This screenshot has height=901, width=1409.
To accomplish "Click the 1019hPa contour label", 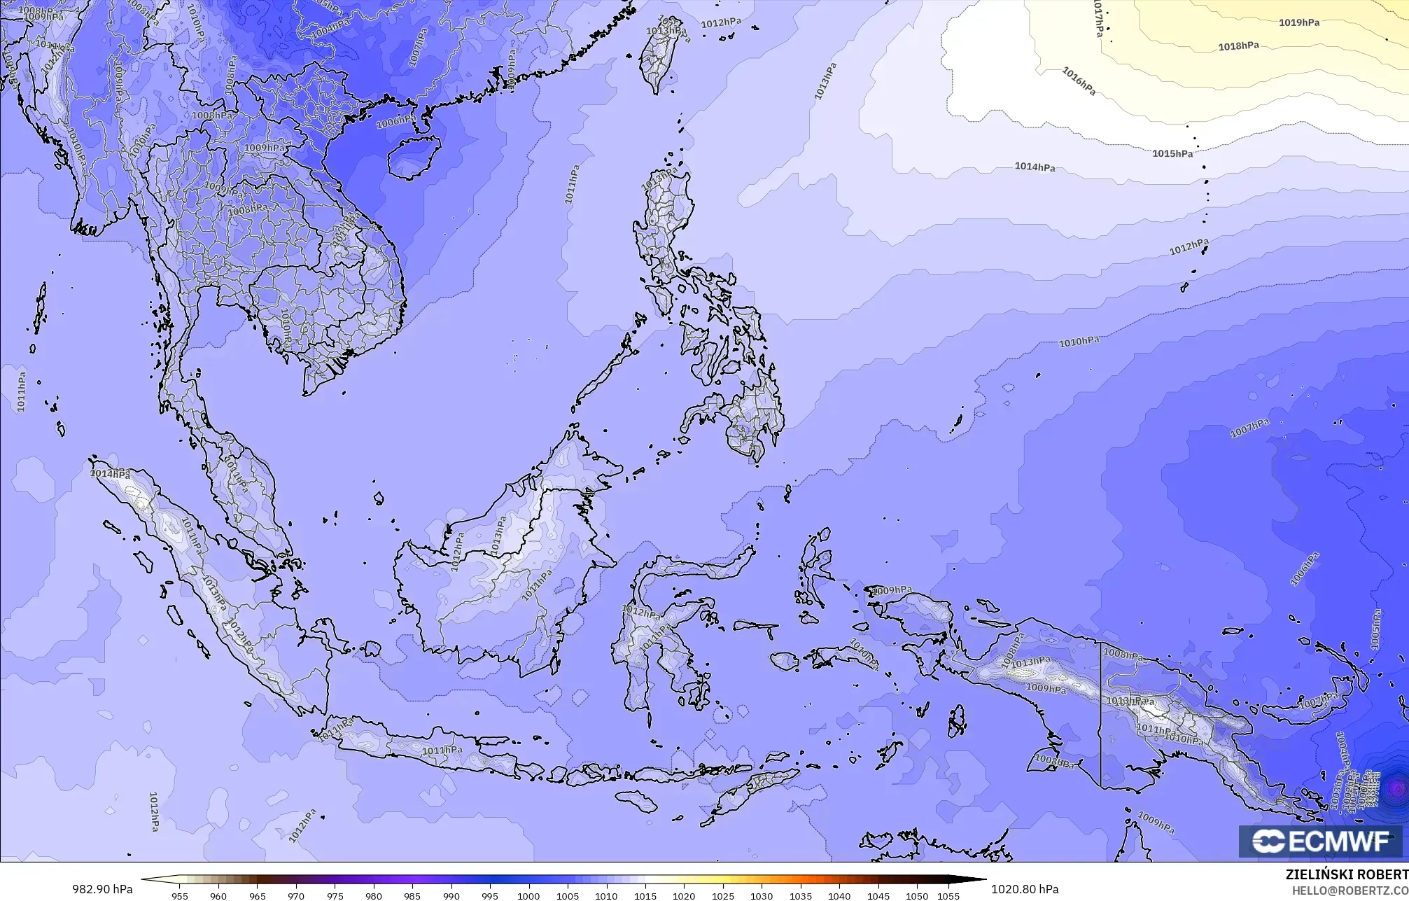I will [1299, 22].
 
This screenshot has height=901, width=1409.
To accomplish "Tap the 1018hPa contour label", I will [1238, 46].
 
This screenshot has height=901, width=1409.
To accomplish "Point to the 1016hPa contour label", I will [1079, 81].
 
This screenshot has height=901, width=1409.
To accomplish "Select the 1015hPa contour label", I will [1172, 153].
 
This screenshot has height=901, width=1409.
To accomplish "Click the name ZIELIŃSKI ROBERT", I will [1346, 875].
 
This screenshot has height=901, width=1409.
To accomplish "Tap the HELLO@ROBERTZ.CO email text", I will [1350, 891].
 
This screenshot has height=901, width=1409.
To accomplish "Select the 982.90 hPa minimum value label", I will [102, 889].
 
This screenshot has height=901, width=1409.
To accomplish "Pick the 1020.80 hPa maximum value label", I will [1025, 889].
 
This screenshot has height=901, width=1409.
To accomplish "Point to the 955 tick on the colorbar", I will [180, 896].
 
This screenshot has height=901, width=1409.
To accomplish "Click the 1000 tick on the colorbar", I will [528, 896].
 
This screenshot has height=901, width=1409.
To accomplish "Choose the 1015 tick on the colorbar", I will [645, 896].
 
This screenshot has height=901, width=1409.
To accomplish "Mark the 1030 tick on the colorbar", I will [762, 896].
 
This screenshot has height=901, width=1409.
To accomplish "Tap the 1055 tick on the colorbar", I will [948, 896].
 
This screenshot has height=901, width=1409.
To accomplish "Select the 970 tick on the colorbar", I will [296, 896].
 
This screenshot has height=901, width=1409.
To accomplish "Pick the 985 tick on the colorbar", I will [412, 896].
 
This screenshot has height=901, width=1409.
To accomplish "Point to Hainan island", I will [413, 156].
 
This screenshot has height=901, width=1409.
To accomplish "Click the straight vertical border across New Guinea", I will [1100, 714].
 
